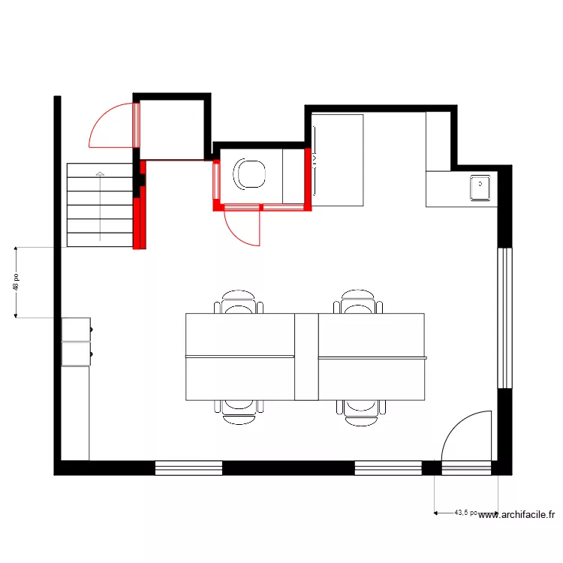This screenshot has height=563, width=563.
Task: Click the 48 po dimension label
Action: pos(16,281)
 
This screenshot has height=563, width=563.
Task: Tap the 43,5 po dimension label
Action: pos(465,513)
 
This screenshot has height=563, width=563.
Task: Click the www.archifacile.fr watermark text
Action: pos(517,515)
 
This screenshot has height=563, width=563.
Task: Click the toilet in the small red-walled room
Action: pos(250,173)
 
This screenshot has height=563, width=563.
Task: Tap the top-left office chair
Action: pos(239,303)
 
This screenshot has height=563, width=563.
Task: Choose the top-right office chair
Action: pos(358,303)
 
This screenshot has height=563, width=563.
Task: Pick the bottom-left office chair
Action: pos(239,411)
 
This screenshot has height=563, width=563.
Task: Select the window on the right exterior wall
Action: pos(505,318)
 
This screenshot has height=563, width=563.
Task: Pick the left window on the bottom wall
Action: pos(188,468)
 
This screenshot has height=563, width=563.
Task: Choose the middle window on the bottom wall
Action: pos(388,468)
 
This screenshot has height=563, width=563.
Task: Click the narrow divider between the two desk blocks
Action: pos(306,357)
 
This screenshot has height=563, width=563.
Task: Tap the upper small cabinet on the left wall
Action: pos(76,329)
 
